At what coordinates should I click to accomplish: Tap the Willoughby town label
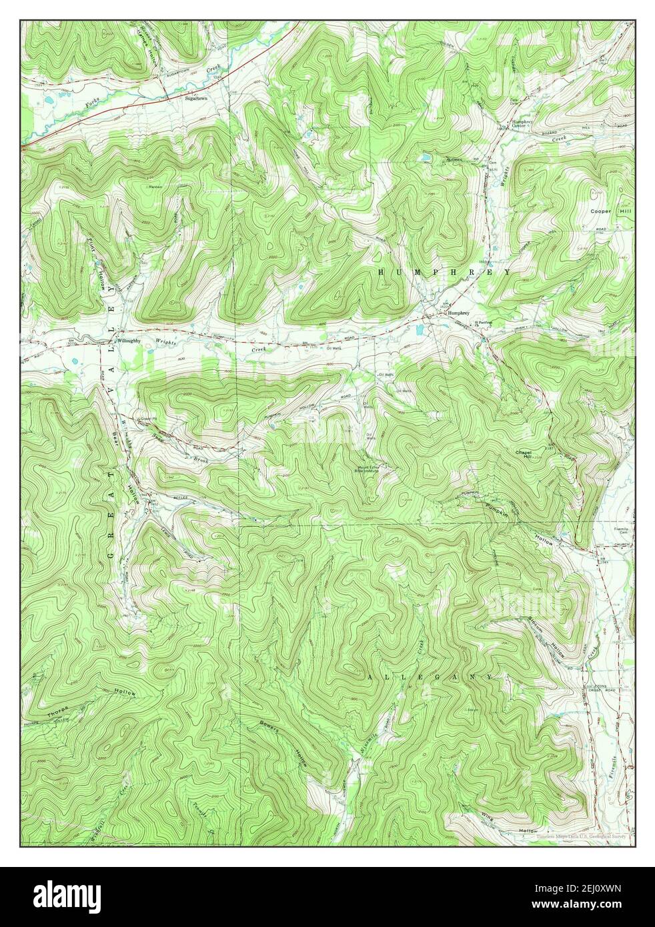coord(124,341)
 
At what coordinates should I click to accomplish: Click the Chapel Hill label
coord(523,453)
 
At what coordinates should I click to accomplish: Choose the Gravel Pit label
coord(146,419)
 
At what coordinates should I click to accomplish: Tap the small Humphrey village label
coord(458,313)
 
